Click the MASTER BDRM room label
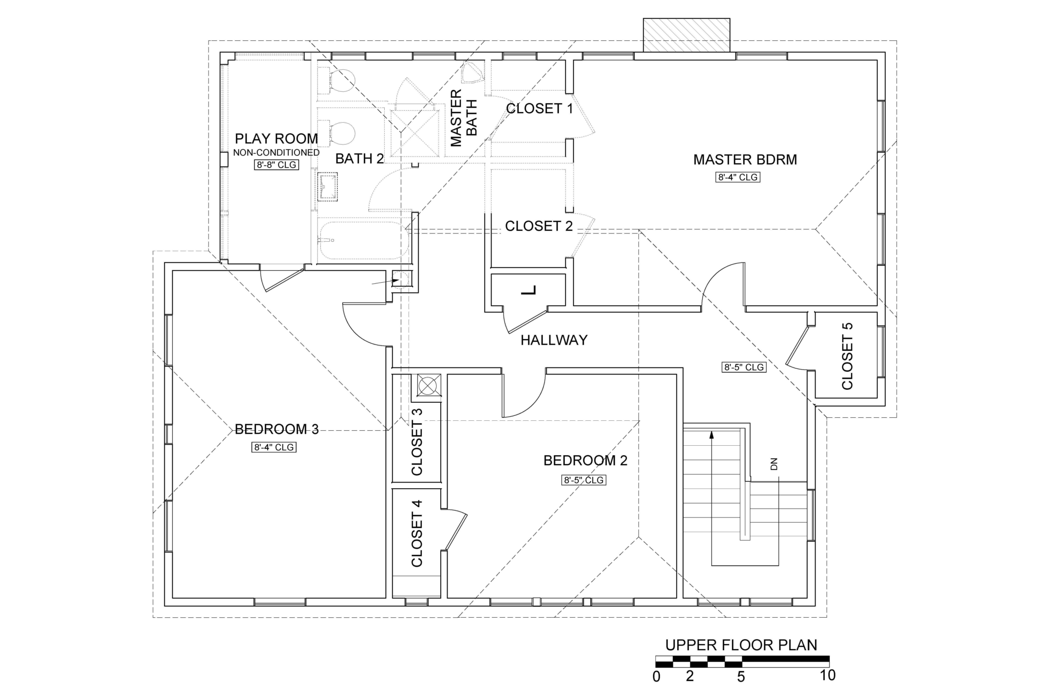(745, 160)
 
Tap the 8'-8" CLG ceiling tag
(276, 165)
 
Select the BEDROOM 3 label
(276, 429)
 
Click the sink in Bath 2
(328, 187)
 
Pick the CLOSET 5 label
(847, 356)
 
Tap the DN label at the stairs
(774, 464)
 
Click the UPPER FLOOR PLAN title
(741, 645)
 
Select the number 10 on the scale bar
(827, 676)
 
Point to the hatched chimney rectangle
(687, 35)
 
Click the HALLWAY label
(554, 340)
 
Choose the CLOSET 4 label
(417, 533)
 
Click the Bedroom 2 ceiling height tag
(584, 480)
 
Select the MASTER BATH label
(464, 118)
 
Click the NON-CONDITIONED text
(276, 153)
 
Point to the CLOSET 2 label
(539, 226)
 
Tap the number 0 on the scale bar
(656, 677)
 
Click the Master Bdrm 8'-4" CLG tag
(738, 177)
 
